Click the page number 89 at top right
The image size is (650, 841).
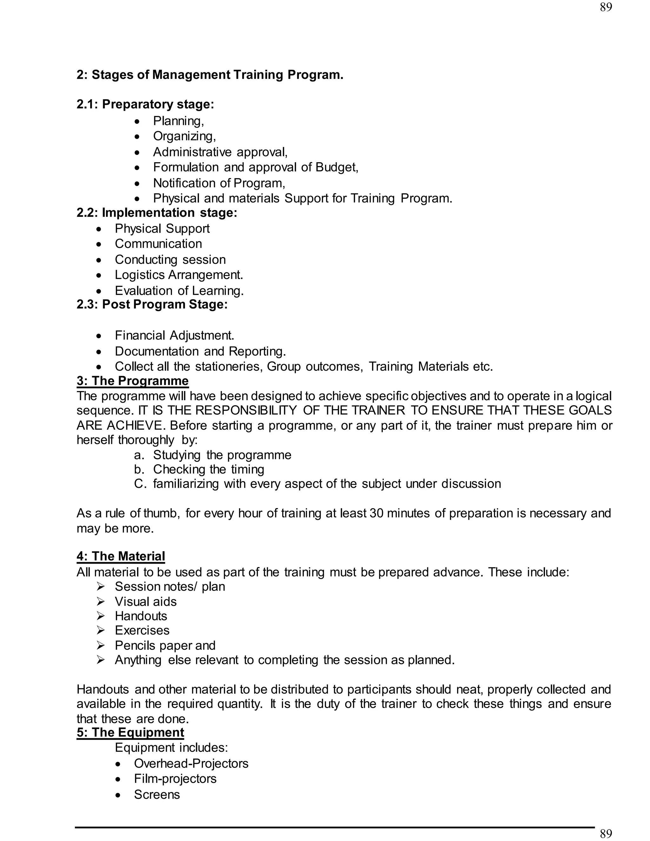[x=606, y=7]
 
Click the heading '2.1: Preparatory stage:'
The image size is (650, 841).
[x=145, y=104]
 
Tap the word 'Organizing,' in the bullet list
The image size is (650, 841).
[x=184, y=136]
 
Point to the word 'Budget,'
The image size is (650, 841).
[x=337, y=167]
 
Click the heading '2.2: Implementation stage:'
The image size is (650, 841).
[x=157, y=213]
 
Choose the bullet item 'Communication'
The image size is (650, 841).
[x=158, y=244]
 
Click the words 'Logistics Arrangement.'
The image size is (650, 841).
[x=179, y=275]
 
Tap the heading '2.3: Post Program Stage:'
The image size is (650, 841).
[x=152, y=304]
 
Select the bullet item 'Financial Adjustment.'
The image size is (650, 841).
[x=175, y=335]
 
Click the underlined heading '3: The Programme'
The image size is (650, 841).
[x=132, y=381]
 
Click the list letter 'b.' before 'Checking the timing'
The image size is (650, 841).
[x=139, y=469]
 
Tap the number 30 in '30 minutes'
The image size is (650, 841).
[x=376, y=513]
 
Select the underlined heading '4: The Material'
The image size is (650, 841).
[x=121, y=556]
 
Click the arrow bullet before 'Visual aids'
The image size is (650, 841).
[x=101, y=601]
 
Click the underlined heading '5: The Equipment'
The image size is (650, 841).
[x=130, y=732]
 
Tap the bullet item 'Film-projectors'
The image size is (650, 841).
[x=175, y=778]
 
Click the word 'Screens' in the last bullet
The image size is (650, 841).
[x=157, y=794]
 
